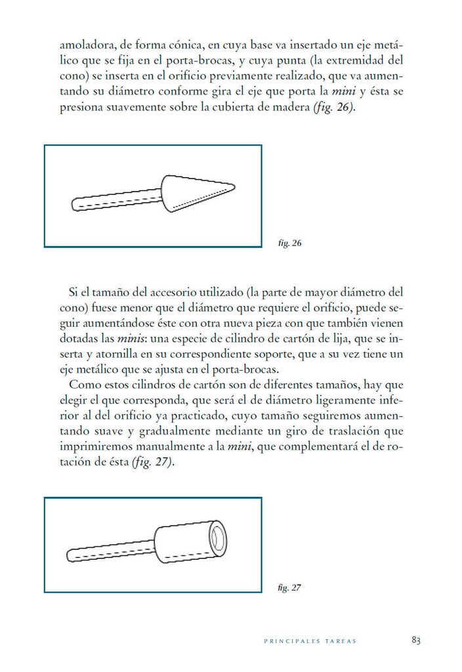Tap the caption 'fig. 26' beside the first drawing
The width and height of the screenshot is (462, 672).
click(289, 243)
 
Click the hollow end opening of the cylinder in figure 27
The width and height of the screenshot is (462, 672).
click(217, 541)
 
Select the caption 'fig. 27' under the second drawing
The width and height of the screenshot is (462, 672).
click(289, 588)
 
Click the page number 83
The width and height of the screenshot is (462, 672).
click(415, 640)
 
